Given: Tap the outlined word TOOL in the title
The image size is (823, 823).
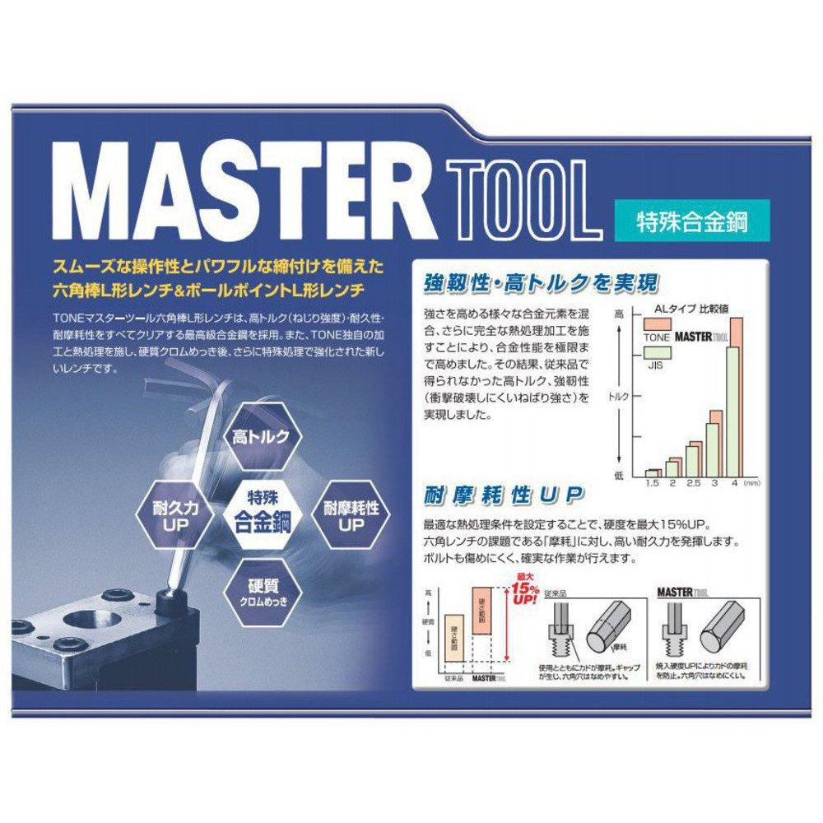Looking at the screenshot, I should coord(519,198).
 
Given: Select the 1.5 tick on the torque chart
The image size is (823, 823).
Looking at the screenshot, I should coord(652,483).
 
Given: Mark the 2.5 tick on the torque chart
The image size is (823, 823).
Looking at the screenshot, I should coord(694,483).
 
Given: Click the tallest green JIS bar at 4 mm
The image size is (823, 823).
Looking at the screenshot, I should coord(732,411).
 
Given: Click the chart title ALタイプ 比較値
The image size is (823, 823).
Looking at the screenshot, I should coord(687,310).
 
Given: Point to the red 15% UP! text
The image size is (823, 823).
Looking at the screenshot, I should coord(524,590).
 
